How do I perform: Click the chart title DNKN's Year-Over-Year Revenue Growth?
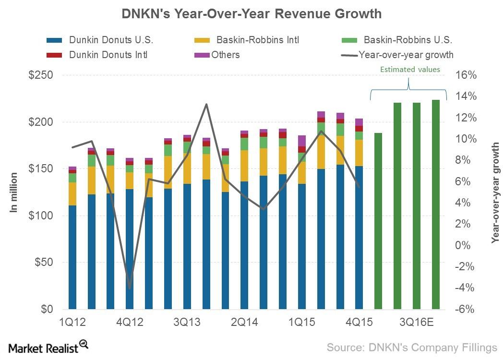tap(252, 14)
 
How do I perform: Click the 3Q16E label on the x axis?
tap(417, 322)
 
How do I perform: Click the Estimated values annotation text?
tap(410, 69)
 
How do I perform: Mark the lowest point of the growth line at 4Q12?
tap(129, 288)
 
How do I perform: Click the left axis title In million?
tap(14, 192)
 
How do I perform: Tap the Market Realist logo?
tap(48, 347)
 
